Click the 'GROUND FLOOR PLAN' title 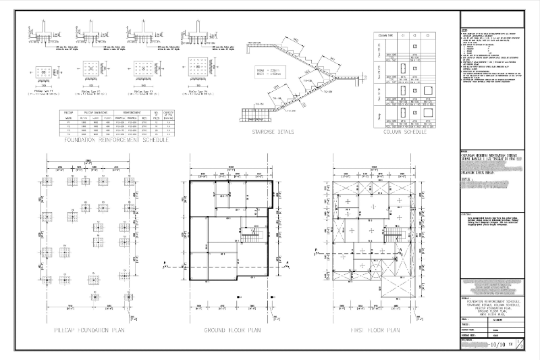pyautogui.click(x=232, y=330)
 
